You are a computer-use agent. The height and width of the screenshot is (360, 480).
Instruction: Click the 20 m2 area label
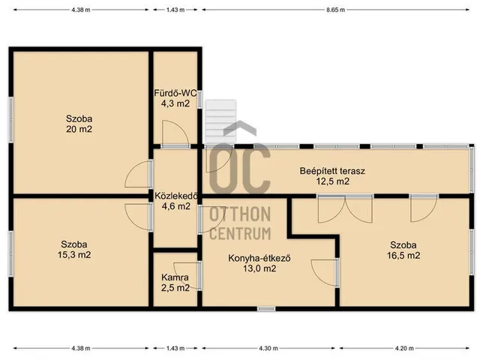tap(79, 129)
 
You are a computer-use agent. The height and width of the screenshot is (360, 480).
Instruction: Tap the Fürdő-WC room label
tap(175, 93)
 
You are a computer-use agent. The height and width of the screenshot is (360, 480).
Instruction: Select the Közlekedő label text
tap(176, 196)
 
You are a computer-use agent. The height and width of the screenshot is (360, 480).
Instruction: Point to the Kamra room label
tap(175, 277)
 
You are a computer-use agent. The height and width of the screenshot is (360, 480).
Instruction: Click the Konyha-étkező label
tap(259, 258)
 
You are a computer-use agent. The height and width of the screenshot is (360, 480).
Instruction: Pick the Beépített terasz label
tap(332, 171)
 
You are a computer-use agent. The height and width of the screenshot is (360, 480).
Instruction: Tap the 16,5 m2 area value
tap(403, 255)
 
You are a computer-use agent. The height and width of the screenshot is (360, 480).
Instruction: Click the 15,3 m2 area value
tap(74, 255)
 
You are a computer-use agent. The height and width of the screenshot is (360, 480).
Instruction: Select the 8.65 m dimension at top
tap(335, 10)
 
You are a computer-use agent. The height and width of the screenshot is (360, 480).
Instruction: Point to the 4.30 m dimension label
tap(268, 348)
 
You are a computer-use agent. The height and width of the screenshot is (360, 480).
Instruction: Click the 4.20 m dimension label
tap(404, 348)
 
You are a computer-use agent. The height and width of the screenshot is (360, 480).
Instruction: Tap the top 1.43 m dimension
tap(175, 10)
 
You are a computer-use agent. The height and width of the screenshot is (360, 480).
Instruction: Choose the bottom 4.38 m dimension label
tap(81, 348)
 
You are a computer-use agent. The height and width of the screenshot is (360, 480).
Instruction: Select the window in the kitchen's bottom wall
tap(266, 309)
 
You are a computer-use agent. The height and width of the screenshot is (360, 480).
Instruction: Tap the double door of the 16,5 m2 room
tap(345, 209)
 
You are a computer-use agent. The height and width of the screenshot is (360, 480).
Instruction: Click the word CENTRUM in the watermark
tap(240, 234)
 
